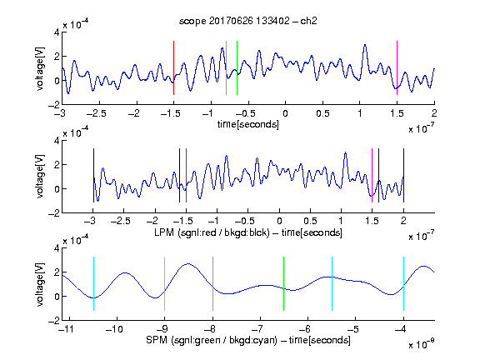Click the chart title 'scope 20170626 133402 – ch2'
248,21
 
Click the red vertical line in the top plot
173,67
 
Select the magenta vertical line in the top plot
397,67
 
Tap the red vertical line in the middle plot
186,175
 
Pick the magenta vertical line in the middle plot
372,175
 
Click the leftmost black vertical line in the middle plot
93,175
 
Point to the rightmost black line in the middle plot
403,175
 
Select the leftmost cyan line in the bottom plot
93,284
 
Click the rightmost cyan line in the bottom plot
403,284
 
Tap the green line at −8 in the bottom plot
212,284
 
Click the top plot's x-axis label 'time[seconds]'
248,124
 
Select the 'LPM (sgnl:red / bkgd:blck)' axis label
212,232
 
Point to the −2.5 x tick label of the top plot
96,113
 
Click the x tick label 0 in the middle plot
279,221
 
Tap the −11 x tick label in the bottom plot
66,329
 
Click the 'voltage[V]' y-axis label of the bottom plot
40,284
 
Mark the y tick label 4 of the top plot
57,32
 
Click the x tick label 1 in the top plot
360,113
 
